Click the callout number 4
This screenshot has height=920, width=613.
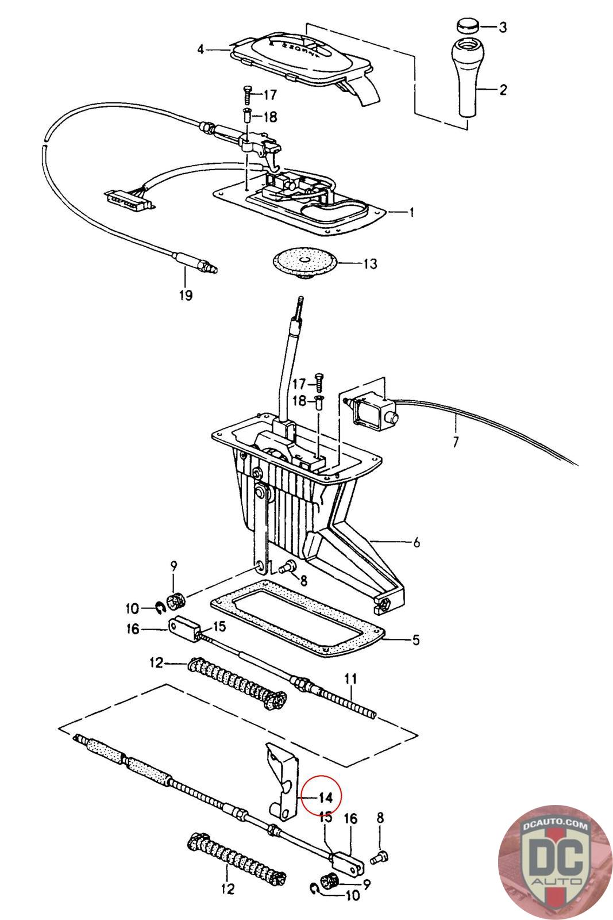(200, 49)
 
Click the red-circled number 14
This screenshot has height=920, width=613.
(325, 798)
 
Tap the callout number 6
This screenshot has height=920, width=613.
(416, 542)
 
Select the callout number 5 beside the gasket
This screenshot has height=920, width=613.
(415, 640)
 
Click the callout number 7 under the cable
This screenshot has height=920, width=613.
(456, 442)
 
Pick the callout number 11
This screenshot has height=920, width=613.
(350, 678)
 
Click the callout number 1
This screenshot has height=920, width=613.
(411, 212)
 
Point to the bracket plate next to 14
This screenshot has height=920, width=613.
(281, 780)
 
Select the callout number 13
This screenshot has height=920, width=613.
(370, 264)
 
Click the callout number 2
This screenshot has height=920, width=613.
(503, 90)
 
